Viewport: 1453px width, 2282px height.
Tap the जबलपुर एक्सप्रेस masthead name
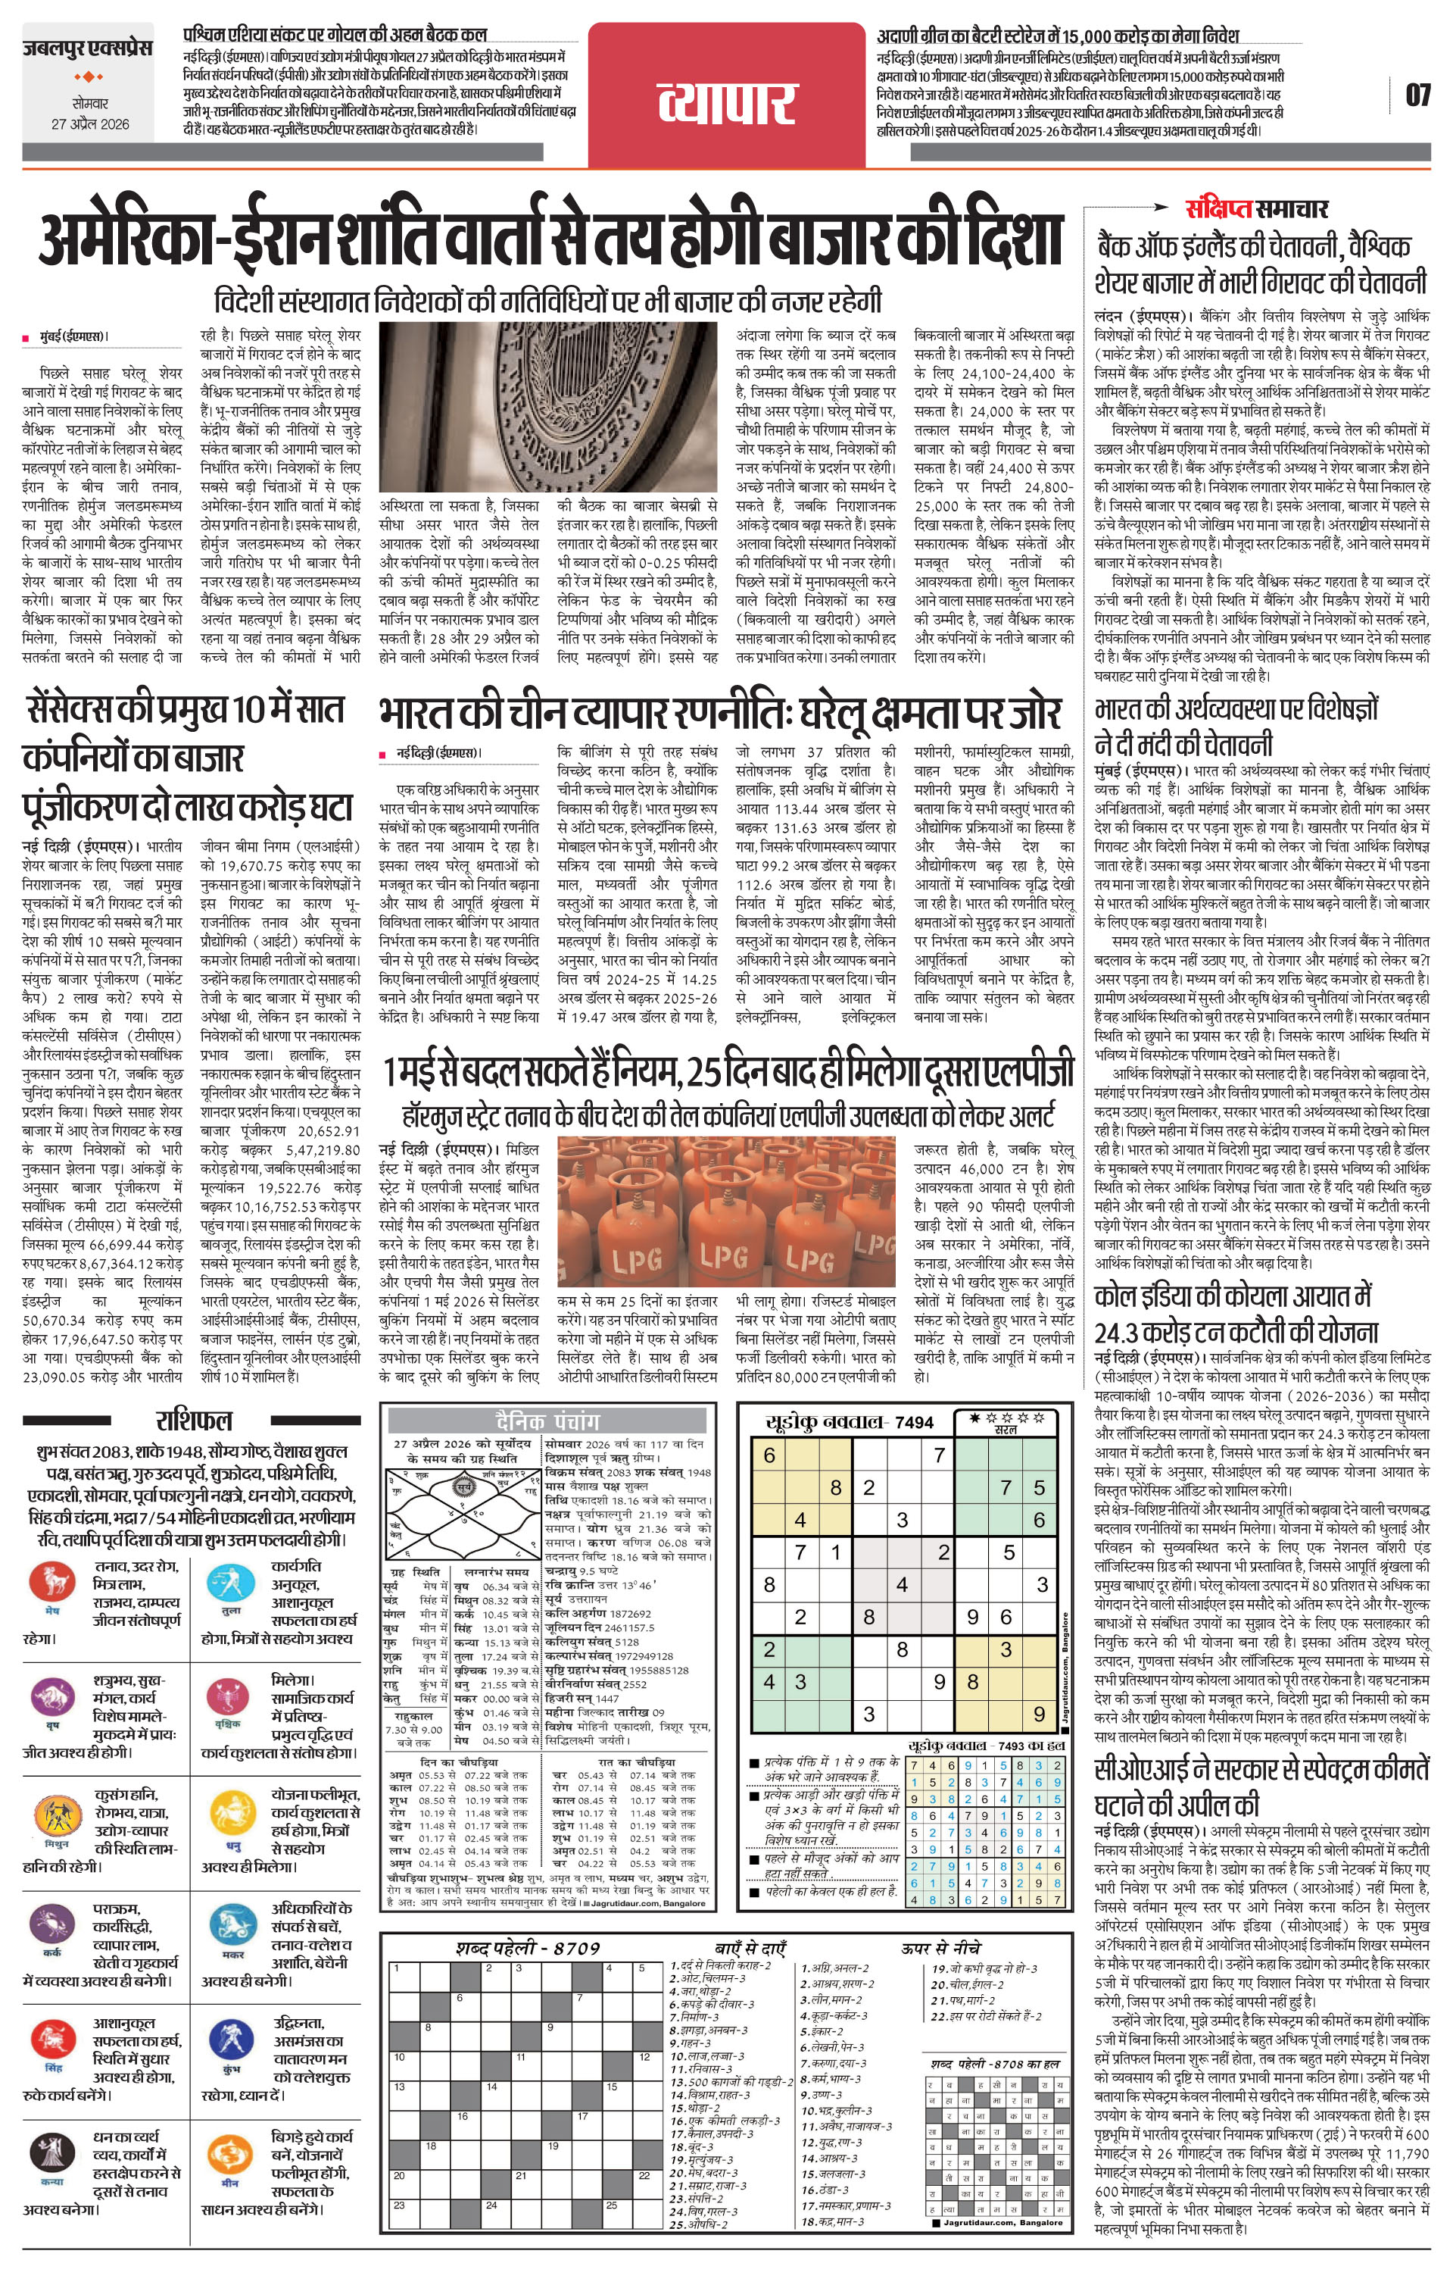(88, 48)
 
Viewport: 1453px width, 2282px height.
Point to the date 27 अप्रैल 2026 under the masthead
(90, 124)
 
